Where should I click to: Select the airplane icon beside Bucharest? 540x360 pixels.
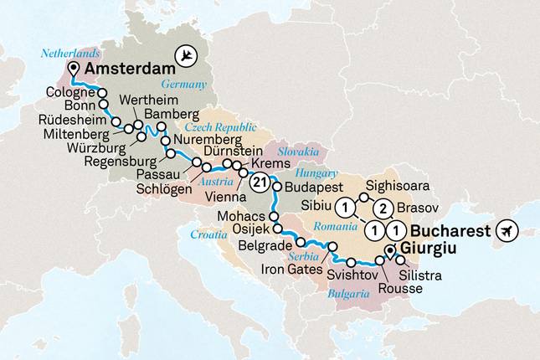coord(507,230)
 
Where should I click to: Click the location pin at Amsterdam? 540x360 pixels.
coord(75,69)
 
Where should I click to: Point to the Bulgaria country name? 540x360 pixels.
coord(348,294)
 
